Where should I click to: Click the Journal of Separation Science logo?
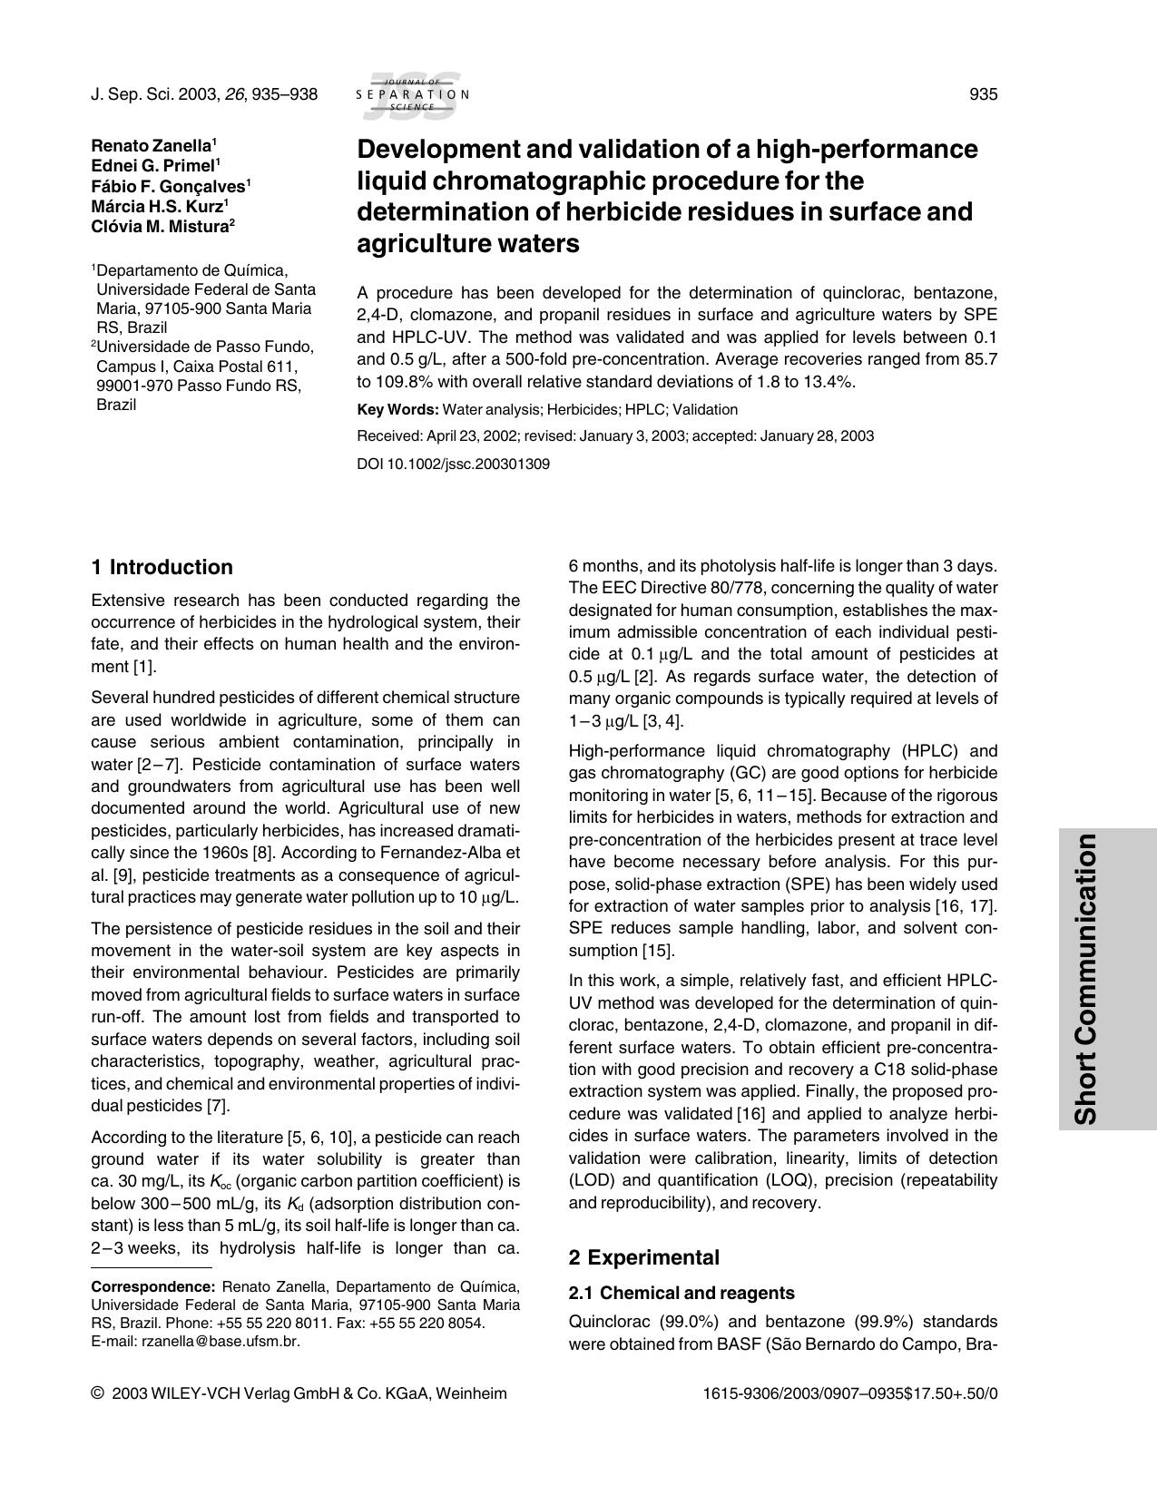point(412,95)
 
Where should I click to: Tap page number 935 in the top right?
point(984,94)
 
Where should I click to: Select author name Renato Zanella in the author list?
point(152,145)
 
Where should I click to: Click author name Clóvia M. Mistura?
point(161,227)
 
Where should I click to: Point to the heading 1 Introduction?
point(162,568)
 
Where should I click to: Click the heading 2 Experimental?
point(643,1257)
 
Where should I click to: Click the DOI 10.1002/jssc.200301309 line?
point(454,464)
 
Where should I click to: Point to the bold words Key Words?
point(397,410)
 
